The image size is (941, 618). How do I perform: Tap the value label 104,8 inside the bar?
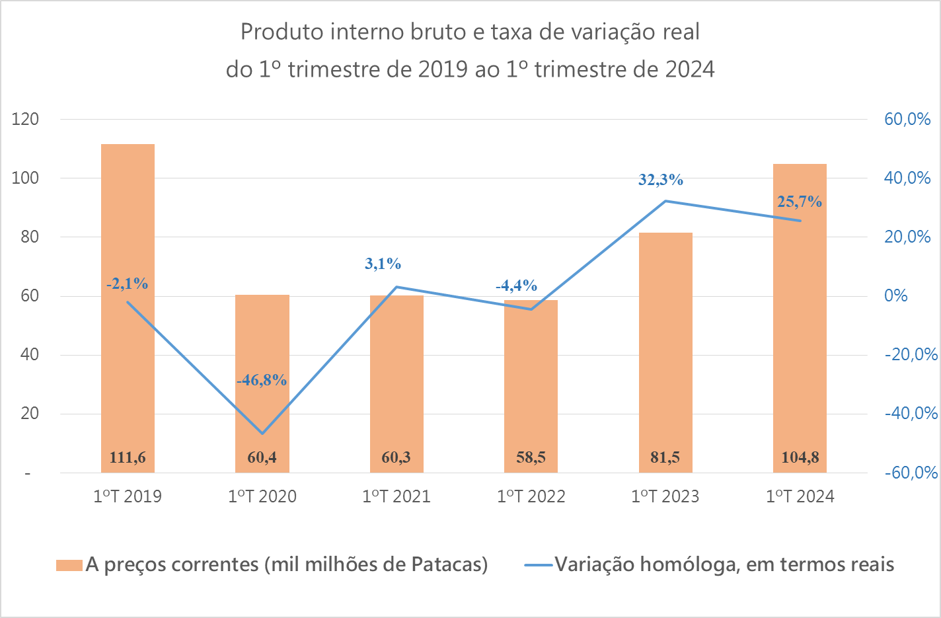800,457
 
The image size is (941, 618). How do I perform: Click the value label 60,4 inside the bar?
262,457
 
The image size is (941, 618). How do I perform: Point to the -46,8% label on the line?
262,380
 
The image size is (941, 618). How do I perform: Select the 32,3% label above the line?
661,180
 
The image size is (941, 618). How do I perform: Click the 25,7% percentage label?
800,202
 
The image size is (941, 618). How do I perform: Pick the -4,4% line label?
516,286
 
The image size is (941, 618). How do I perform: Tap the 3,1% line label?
383,264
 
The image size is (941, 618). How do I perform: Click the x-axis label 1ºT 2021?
396,496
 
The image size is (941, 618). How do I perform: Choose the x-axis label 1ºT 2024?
800,496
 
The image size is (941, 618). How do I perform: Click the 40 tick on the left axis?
30,355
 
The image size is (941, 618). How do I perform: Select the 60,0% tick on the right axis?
907,120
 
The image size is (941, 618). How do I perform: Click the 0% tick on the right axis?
896,296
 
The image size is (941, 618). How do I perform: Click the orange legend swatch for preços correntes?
69,565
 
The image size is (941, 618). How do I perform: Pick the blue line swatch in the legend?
538,565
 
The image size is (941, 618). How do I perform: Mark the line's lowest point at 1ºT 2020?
262,434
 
